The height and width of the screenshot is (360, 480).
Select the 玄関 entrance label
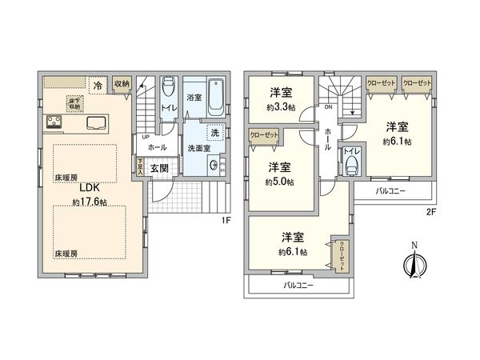(159, 168)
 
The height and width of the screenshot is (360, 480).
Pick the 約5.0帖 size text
(280, 182)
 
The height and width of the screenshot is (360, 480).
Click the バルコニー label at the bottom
(298, 285)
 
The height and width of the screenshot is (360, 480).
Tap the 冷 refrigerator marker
(97, 84)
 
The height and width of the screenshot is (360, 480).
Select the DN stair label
(327, 107)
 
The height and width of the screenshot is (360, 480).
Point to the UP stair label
(145, 136)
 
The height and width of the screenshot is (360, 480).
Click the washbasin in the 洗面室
(212, 166)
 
